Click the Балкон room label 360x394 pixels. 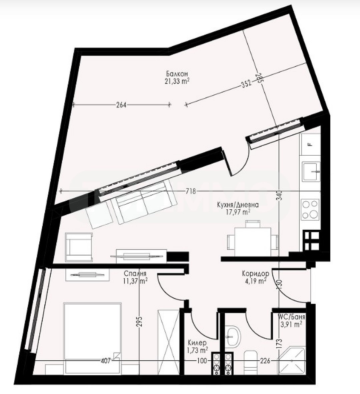click(x=177, y=74)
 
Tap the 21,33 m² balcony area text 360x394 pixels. click(x=177, y=81)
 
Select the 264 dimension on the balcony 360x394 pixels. click(x=121, y=105)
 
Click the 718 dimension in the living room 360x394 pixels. click(x=191, y=191)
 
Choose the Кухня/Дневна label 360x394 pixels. click(x=238, y=205)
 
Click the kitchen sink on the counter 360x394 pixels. click(x=311, y=171)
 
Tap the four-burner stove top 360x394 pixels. click(x=310, y=210)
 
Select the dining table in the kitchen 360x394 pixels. click(x=253, y=241)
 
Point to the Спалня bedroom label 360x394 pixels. click(x=135, y=274)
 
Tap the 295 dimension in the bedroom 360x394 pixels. click(x=140, y=322)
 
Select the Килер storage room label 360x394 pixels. click(x=197, y=343)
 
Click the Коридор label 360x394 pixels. click(x=256, y=273)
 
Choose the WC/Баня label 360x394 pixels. click(x=292, y=317)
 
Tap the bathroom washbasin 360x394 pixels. click(x=233, y=336)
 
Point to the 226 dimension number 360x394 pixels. click(x=265, y=361)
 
